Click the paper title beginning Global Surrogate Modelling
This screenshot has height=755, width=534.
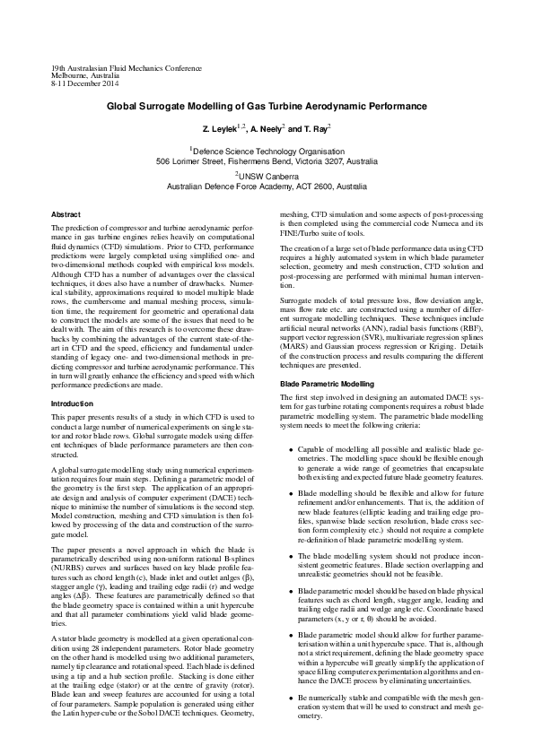pos(267,106)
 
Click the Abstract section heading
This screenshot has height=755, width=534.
pos(67,215)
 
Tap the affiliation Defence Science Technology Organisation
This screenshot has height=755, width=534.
pos(268,152)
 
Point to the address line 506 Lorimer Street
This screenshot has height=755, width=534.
pos(267,162)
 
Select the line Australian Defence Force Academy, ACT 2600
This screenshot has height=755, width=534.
pos(267,187)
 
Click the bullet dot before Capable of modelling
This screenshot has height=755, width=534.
pos(290,449)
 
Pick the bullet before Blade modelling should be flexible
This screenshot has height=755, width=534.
pos(290,494)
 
